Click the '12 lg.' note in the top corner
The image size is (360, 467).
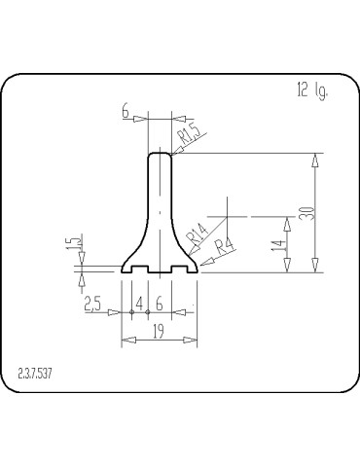click(x=311, y=91)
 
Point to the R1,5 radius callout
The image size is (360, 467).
click(x=189, y=134)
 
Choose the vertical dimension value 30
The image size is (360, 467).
click(x=306, y=212)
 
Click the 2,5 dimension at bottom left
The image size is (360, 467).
click(x=93, y=305)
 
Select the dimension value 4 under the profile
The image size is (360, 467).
click(x=139, y=304)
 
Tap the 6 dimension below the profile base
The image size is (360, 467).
click(x=159, y=304)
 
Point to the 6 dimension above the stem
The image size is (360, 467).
click(x=126, y=112)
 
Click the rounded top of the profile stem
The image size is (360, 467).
click(x=160, y=153)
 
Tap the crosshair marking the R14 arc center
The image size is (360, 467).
click(x=226, y=214)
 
